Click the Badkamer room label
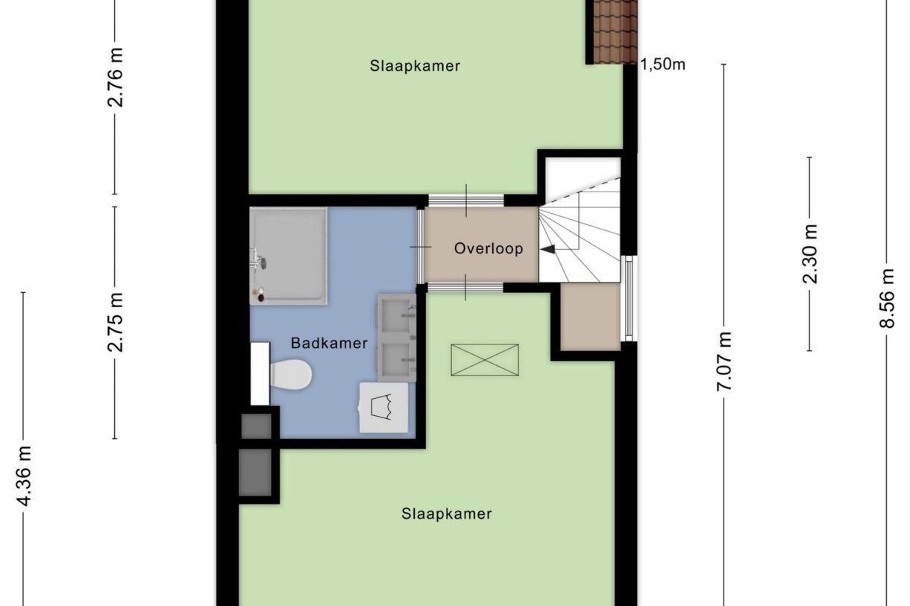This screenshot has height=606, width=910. click(x=329, y=344)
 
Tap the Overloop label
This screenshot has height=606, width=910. click(x=489, y=249)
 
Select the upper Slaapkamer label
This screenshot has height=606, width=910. click(x=415, y=66)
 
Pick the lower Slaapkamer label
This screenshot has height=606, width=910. click(x=446, y=514)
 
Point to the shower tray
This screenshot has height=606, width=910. click(x=288, y=256)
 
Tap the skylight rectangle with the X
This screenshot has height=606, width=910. click(x=485, y=360)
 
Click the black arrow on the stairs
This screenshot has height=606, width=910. click(x=548, y=250)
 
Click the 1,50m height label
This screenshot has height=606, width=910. click(x=663, y=65)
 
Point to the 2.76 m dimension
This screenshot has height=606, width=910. click(x=116, y=77)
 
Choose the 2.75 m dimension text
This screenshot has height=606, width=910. click(x=116, y=322)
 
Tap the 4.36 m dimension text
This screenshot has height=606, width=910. click(x=25, y=476)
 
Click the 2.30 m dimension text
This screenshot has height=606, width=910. click(x=810, y=254)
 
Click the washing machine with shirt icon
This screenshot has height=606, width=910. click(x=385, y=408)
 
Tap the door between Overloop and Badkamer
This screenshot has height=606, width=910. click(x=421, y=246)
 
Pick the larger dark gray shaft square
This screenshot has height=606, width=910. click(x=255, y=471)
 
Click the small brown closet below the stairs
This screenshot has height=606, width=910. click(x=590, y=317)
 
